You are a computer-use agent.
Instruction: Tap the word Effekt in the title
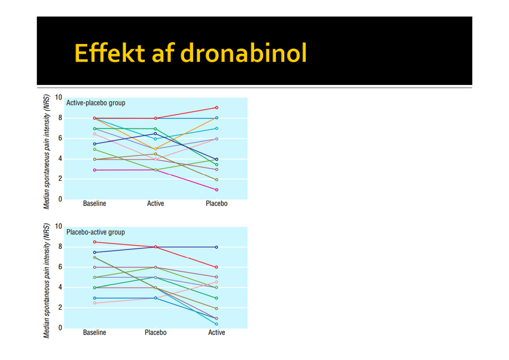click(109, 54)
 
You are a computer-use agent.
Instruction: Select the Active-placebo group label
click(96, 103)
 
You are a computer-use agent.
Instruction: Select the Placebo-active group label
click(96, 232)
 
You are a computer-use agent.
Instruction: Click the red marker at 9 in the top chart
click(216, 108)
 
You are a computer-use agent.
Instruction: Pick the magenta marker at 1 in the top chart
click(216, 190)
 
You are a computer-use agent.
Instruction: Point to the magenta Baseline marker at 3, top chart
click(94, 170)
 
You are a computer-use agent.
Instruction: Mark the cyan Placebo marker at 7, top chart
click(216, 128)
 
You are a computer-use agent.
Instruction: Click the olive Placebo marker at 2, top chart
click(216, 180)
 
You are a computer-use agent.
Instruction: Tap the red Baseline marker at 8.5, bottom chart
click(94, 242)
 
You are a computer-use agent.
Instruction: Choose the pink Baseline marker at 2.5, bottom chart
click(94, 303)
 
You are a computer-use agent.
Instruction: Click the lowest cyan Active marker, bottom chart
click(216, 324)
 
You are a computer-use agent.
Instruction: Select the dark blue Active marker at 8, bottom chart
click(216, 247)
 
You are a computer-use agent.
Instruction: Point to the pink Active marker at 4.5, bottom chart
click(216, 282)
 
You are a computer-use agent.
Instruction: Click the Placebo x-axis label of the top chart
click(216, 204)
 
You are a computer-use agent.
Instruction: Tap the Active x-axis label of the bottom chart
click(216, 333)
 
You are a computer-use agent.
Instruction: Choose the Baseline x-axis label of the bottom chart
click(94, 333)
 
